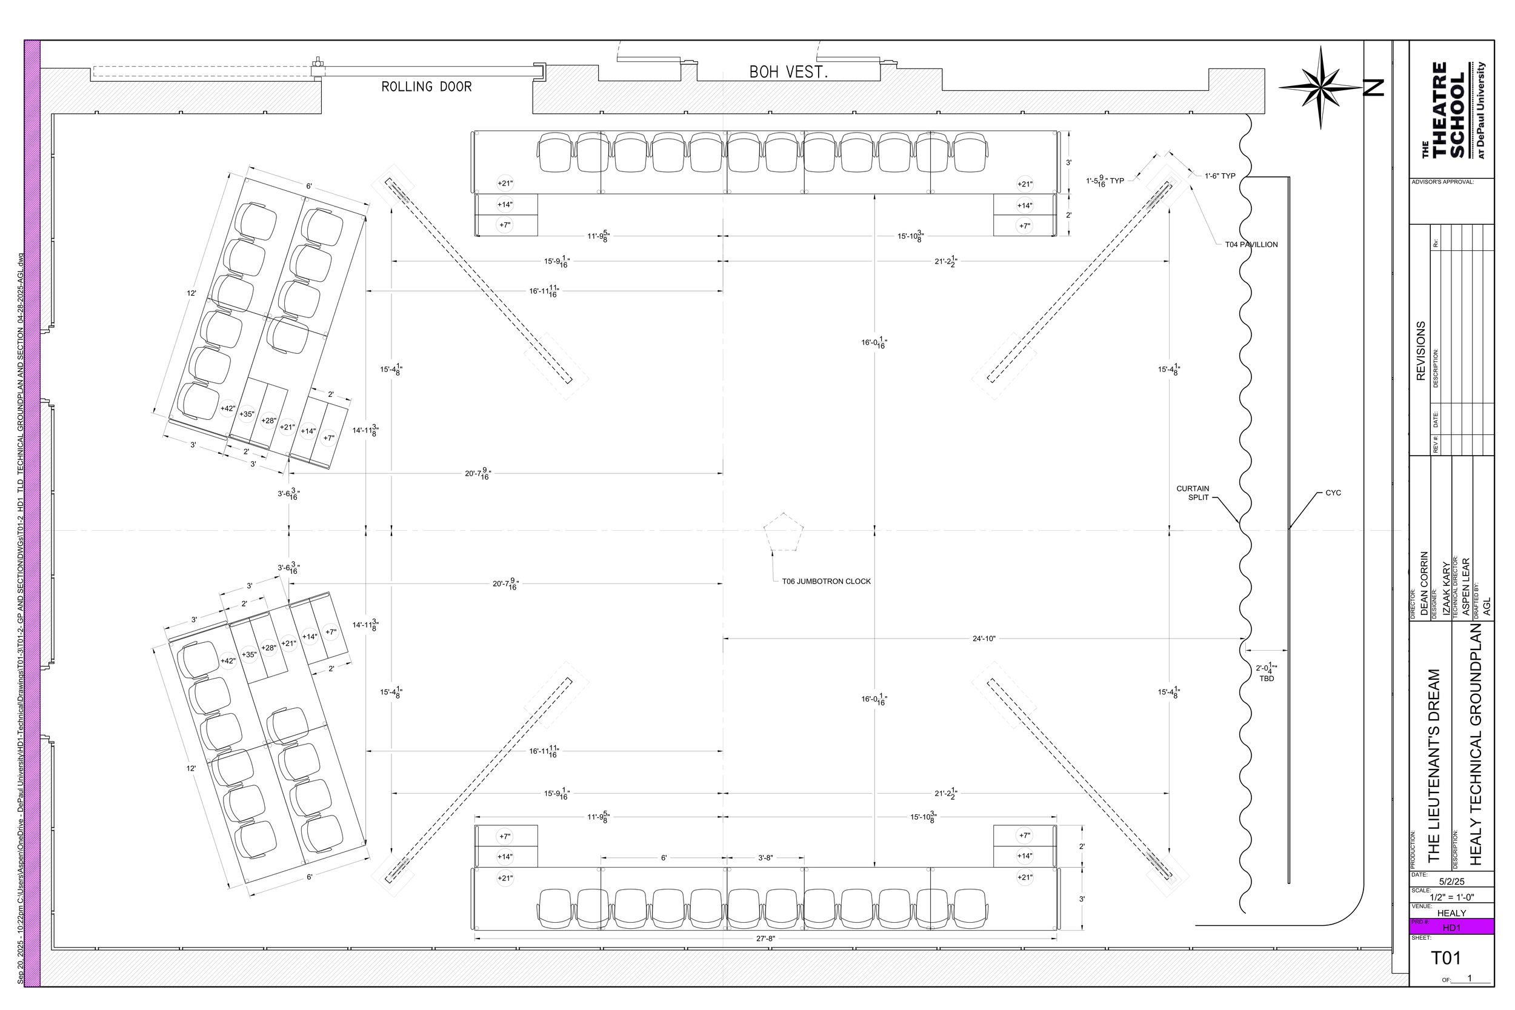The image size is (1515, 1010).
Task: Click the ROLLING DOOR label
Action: (x=427, y=86)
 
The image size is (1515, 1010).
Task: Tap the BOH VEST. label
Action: (x=788, y=72)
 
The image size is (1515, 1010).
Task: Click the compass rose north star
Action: (x=1321, y=88)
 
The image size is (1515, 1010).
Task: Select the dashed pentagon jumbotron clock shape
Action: (x=784, y=533)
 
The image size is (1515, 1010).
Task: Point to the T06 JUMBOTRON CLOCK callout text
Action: (x=826, y=582)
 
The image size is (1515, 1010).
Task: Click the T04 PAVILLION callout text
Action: (x=1251, y=245)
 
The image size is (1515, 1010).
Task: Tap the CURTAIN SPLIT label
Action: (x=1193, y=493)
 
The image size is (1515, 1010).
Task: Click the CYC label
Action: (x=1333, y=493)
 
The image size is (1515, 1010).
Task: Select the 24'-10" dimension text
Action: (x=984, y=639)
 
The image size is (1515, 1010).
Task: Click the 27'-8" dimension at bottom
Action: (x=765, y=939)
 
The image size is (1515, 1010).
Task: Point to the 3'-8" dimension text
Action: (x=765, y=858)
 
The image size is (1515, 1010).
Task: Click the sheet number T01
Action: (x=1445, y=959)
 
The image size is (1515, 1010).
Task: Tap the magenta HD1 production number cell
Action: (x=1451, y=928)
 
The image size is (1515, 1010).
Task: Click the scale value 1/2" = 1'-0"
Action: (x=1451, y=897)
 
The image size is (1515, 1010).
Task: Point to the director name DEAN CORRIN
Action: (x=1424, y=583)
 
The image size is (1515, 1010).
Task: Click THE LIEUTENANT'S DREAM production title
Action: (x=1433, y=766)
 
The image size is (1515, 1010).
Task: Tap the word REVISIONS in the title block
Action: (x=1421, y=351)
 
